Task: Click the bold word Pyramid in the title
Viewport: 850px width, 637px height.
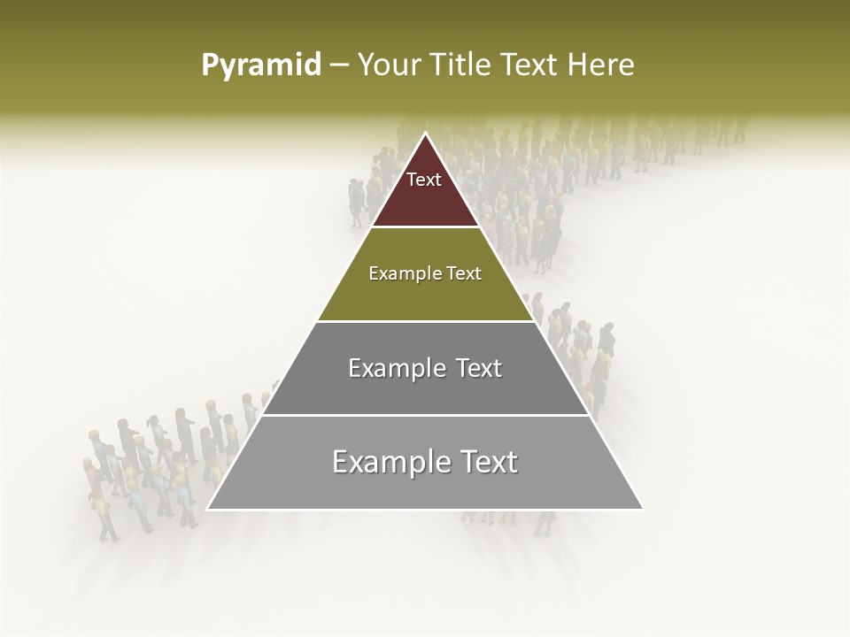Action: pos(260,65)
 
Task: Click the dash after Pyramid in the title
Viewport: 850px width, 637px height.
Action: pos(339,65)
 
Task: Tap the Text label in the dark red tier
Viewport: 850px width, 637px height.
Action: pos(424,180)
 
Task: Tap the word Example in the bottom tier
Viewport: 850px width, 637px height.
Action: pos(382,462)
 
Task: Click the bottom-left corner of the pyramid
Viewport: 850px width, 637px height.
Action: pos(208,510)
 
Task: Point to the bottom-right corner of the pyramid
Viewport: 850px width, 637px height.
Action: pos(643,510)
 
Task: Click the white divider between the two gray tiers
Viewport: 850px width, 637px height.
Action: pos(425,415)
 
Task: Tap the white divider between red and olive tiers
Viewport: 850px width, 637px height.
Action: pos(425,227)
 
